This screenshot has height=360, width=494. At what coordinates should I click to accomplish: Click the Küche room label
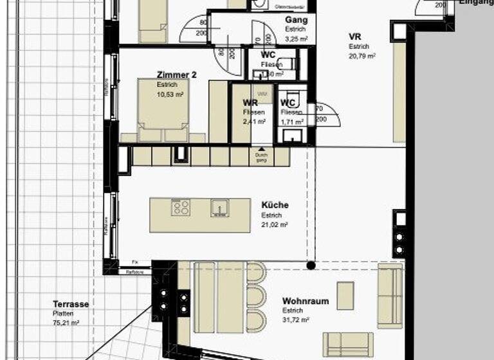[x=275, y=205]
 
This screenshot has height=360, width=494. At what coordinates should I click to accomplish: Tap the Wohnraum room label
[x=306, y=301]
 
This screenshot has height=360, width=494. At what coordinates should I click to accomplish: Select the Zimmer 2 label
[x=177, y=75]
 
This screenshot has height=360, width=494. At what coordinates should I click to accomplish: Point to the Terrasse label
[x=71, y=304]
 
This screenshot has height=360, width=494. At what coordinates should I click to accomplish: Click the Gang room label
[x=296, y=20]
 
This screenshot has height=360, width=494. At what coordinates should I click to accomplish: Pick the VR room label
[x=355, y=37]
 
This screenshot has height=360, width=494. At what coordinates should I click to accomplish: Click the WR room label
[x=250, y=103]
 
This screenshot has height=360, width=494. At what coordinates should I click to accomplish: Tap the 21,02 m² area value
[x=275, y=225]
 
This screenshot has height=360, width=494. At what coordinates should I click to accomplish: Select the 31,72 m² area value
[x=296, y=319]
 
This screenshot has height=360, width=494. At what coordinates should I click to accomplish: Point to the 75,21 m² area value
[x=66, y=323]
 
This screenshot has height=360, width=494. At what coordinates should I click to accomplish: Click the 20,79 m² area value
[x=362, y=56]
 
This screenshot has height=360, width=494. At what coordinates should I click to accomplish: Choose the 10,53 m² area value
[x=170, y=94]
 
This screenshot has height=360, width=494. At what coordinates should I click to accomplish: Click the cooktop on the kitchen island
[x=181, y=208]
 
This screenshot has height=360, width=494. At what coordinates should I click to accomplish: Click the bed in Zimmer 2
[x=163, y=109]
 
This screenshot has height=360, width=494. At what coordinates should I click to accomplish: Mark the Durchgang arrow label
[x=261, y=155]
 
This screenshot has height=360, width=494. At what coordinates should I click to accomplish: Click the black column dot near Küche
[x=311, y=265]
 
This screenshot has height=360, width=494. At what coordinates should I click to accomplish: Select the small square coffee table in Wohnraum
[x=345, y=296]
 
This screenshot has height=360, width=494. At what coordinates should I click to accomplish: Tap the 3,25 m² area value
[x=297, y=39]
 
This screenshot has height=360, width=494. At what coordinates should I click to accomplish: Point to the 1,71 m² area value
[x=291, y=121]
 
